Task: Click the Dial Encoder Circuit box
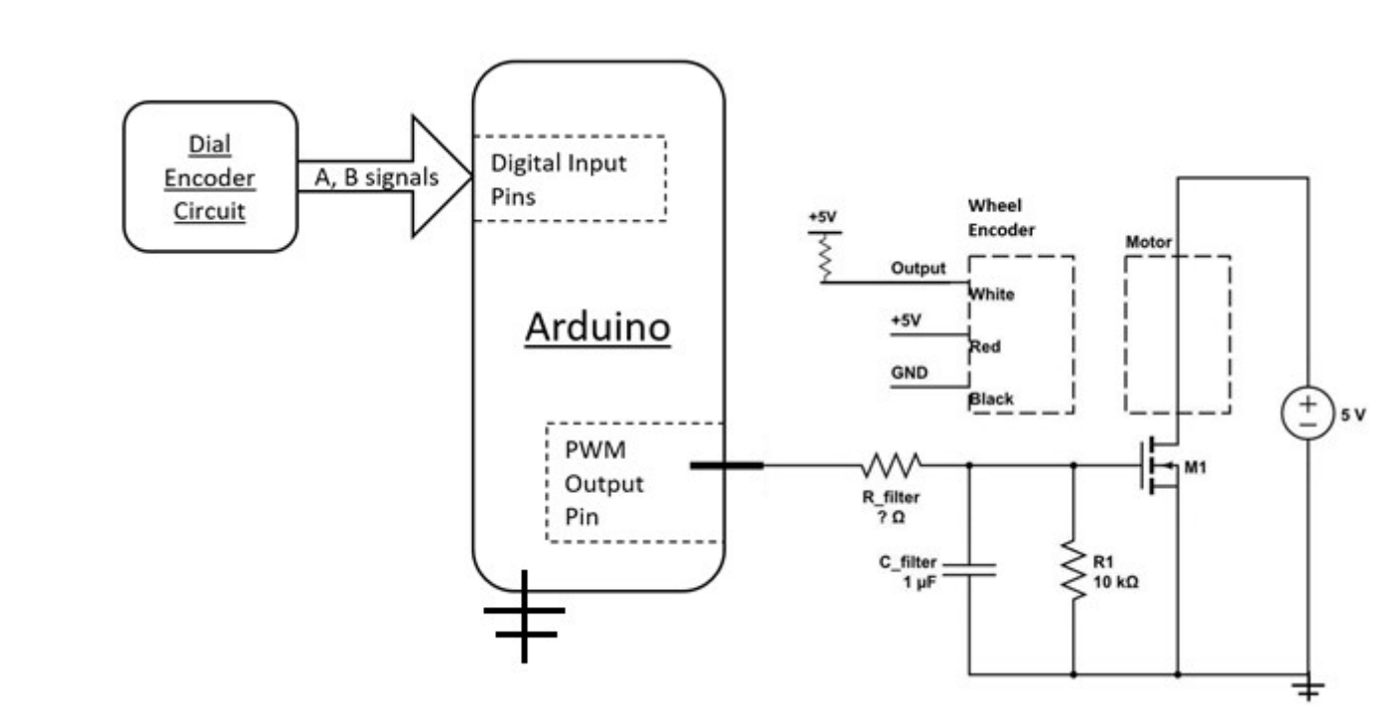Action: [209, 177]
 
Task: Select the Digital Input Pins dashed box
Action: [569, 178]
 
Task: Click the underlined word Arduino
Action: [597, 328]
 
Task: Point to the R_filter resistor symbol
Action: [892, 463]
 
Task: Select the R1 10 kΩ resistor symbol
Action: [1074, 571]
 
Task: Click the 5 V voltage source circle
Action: [1308, 414]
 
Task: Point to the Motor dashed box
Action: [1177, 333]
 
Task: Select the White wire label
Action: [992, 295]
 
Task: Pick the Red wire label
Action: [985, 346]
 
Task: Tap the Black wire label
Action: [992, 399]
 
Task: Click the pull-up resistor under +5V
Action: [822, 257]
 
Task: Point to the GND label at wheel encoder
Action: [908, 374]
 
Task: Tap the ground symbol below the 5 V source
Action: [1309, 689]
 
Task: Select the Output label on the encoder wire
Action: [920, 269]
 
